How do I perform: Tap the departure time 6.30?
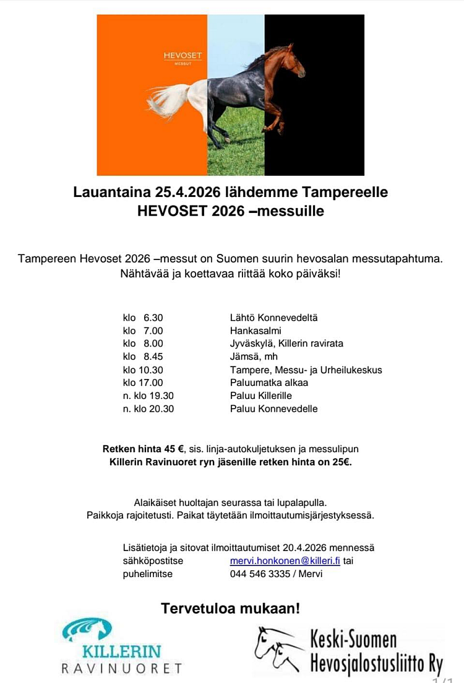click(x=153, y=318)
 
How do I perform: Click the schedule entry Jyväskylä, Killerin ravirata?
click(x=286, y=344)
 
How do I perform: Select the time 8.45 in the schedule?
click(x=153, y=357)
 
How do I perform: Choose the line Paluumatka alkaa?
click(x=269, y=383)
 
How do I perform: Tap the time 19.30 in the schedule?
click(x=161, y=396)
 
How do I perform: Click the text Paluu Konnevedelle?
click(x=273, y=409)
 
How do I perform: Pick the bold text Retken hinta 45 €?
click(x=143, y=449)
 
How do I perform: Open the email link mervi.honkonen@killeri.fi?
click(x=285, y=561)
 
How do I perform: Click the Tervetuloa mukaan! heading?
click(x=231, y=608)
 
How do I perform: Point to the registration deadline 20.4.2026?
click(x=306, y=548)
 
